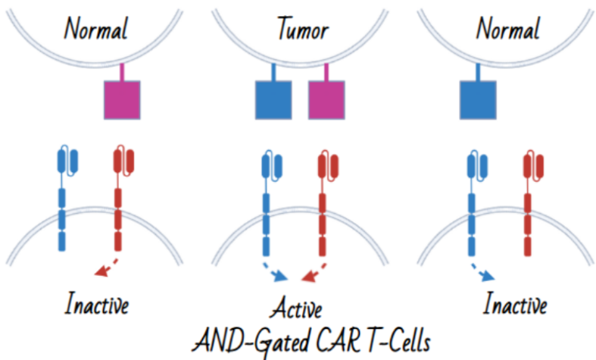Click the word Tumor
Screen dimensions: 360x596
302,30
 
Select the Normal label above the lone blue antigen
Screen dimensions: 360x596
507,30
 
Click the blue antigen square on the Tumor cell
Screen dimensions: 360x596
273,99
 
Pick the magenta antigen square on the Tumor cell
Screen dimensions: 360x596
326,99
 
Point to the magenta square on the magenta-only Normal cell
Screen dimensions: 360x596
122,99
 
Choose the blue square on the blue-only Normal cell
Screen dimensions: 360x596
479,99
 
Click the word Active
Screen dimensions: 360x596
297,309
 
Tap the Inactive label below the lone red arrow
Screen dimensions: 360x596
96,305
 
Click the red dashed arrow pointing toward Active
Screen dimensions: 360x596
314,272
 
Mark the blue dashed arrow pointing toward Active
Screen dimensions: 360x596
276,272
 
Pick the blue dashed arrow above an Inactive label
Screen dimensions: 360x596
482,272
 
